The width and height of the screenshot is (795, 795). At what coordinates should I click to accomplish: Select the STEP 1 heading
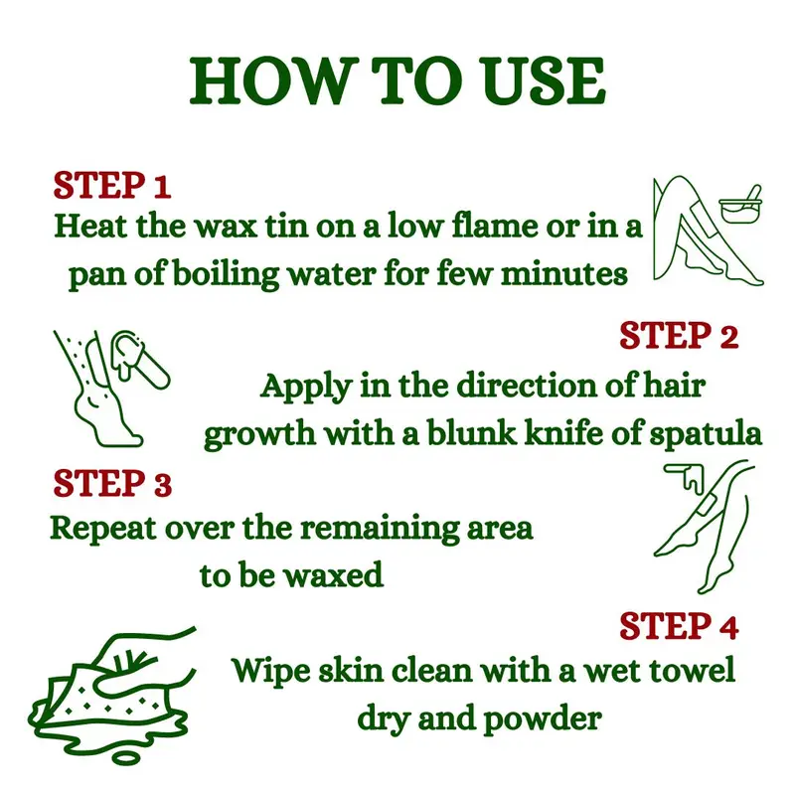pyautogui.click(x=112, y=185)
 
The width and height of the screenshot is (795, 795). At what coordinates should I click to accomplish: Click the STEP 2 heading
pyautogui.click(x=679, y=335)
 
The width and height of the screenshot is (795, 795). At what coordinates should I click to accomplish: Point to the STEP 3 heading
pyautogui.click(x=112, y=483)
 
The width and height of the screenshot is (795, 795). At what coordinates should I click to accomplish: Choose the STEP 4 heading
pyautogui.click(x=679, y=626)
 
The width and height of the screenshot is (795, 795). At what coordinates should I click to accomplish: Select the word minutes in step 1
pyautogui.click(x=564, y=274)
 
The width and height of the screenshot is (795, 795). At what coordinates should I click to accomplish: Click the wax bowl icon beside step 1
pyautogui.click(x=740, y=205)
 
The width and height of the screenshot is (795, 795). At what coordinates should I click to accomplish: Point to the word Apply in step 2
pyautogui.click(x=306, y=388)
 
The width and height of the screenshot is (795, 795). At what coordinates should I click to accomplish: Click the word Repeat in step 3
pyautogui.click(x=103, y=530)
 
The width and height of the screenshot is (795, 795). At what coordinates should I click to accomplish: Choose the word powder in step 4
pyautogui.click(x=543, y=719)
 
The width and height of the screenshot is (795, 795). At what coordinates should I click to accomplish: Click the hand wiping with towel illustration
pyautogui.click(x=112, y=695)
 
